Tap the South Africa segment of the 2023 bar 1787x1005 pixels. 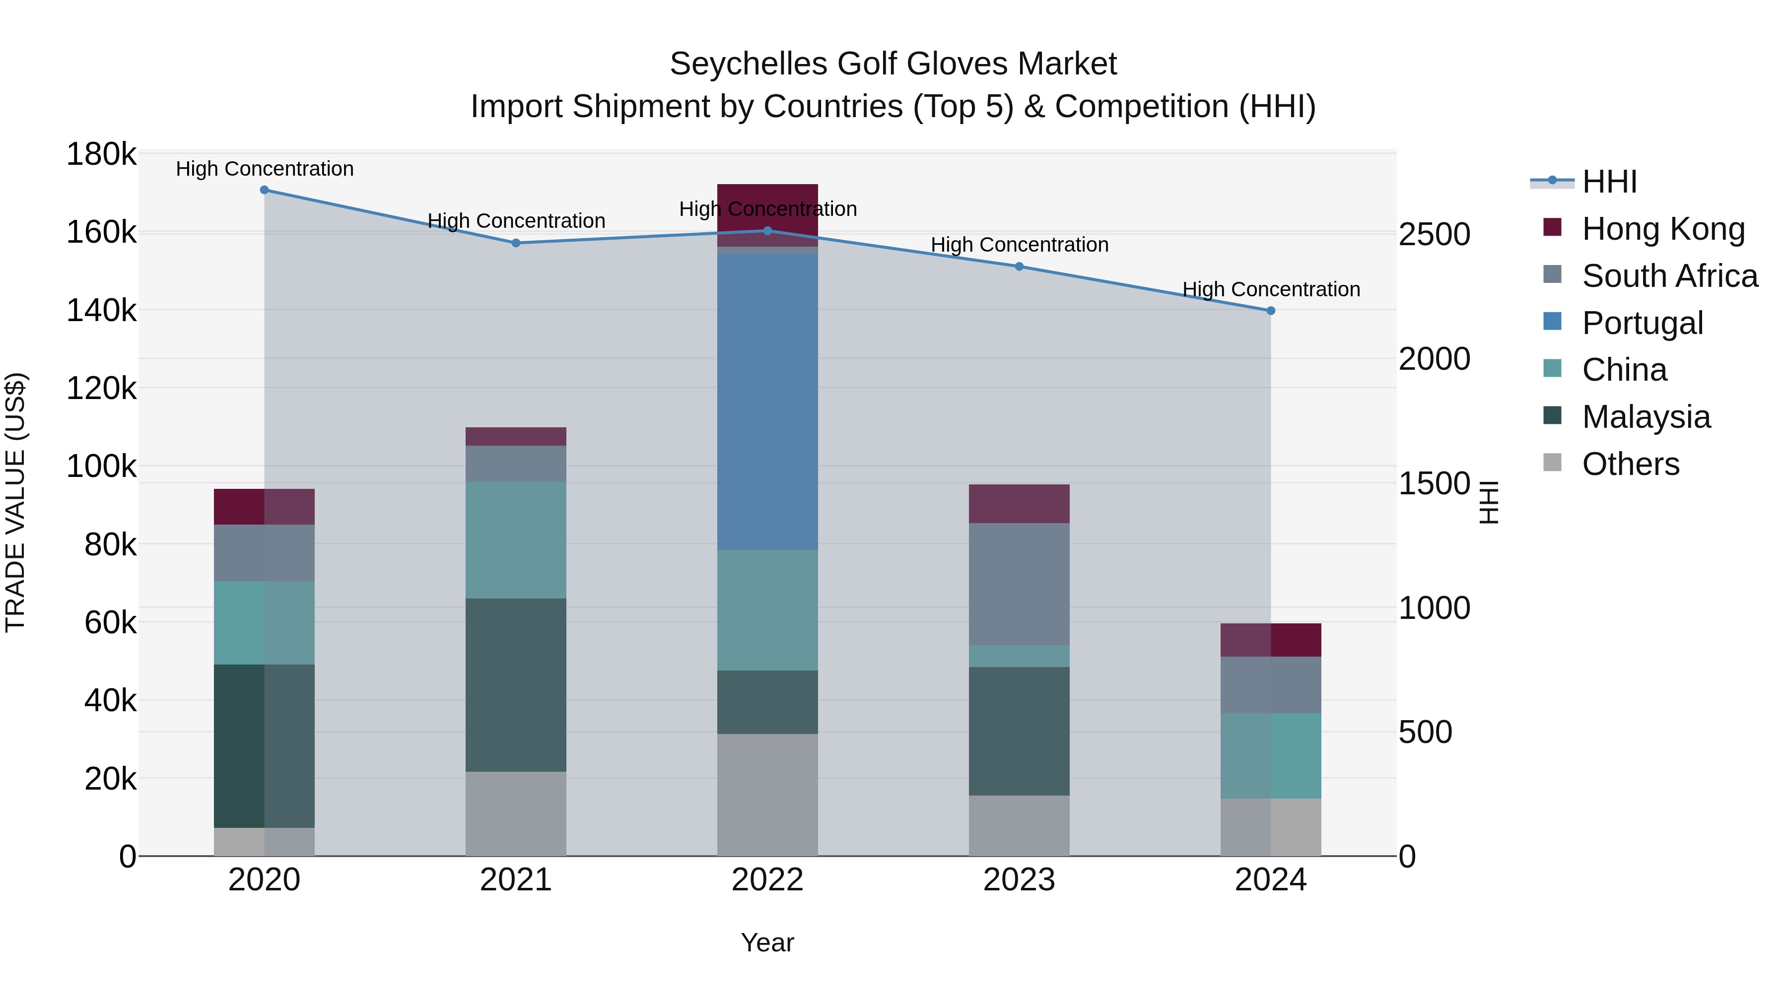[x=1019, y=584]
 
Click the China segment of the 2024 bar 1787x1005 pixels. [x=1270, y=755]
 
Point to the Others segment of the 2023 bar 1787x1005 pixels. [x=1019, y=825]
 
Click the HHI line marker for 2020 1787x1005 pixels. [x=264, y=190]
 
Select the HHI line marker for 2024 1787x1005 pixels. [x=1270, y=311]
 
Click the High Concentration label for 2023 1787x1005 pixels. [x=1019, y=245]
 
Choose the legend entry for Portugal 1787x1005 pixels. [x=1642, y=323]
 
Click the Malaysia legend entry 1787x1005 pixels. [x=1646, y=417]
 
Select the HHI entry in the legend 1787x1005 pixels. [x=1609, y=182]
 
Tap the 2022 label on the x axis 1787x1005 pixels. [x=767, y=880]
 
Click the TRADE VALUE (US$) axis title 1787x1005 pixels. [x=16, y=502]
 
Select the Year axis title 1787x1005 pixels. [x=767, y=942]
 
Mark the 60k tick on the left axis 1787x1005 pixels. [x=110, y=623]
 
